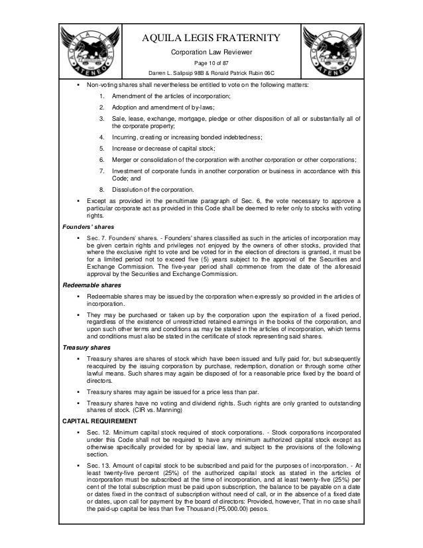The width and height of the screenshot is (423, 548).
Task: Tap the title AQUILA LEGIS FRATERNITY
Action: coord(211,38)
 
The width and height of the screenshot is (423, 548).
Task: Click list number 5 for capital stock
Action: coord(101,149)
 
